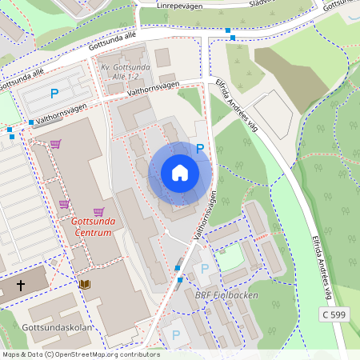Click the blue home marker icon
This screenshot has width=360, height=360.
click(180, 173)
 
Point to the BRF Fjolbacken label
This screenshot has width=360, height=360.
click(226, 295)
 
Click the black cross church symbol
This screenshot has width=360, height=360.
click(21, 284)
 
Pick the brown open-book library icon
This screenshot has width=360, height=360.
click(84, 283)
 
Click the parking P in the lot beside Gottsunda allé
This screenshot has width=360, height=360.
click(54, 94)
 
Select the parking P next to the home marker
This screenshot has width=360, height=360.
click(200, 148)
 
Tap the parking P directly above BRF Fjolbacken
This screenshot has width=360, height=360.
click(205, 269)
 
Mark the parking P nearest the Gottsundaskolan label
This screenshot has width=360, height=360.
click(176, 335)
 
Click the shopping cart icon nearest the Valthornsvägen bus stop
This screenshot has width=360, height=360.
click(56, 144)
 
